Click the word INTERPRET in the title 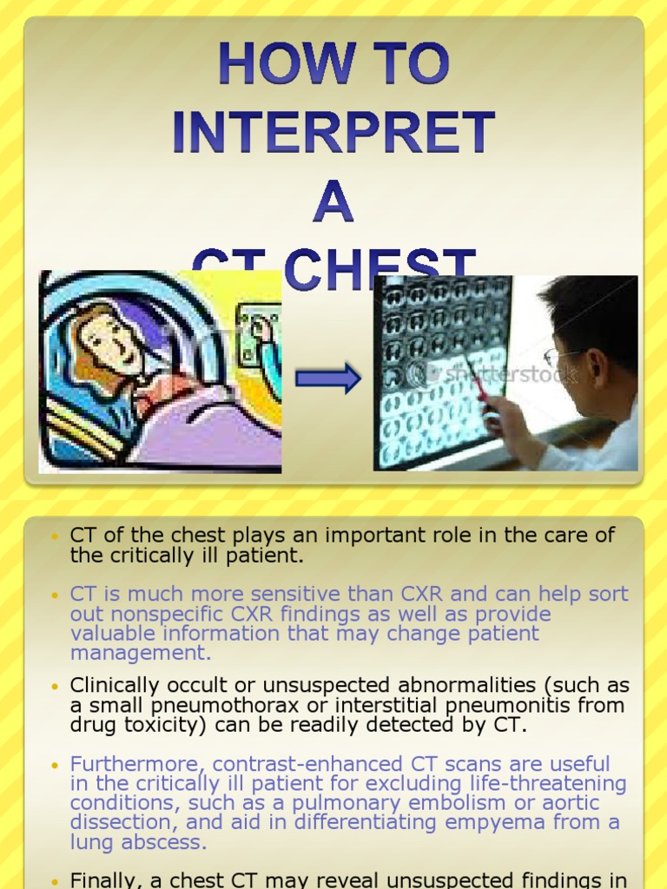point(333,134)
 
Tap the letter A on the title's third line point(333,202)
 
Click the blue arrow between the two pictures point(327,379)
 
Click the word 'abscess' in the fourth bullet point(162,841)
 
